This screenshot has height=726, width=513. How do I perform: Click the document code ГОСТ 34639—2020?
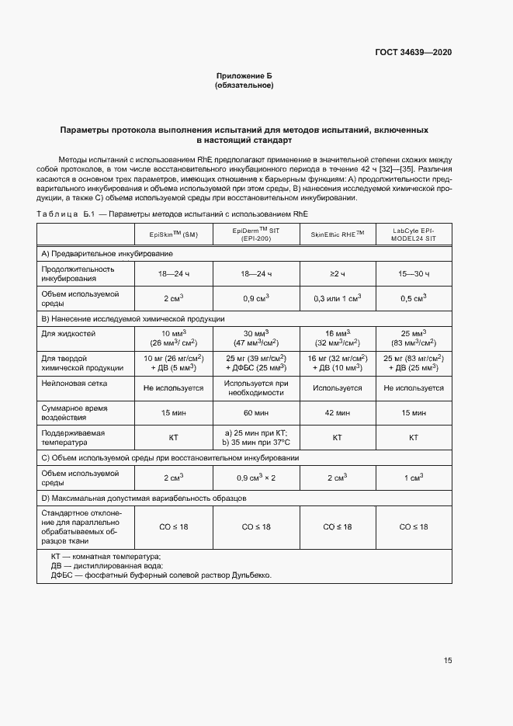pyautogui.click(x=414, y=52)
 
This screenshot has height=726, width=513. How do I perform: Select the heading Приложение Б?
pyautogui.click(x=244, y=75)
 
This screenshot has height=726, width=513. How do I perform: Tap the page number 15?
pyautogui.click(x=448, y=661)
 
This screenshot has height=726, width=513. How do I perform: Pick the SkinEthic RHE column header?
pyautogui.click(x=337, y=234)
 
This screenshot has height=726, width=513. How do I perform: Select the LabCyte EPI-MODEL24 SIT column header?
pyautogui.click(x=413, y=234)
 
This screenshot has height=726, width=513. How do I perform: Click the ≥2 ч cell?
pyautogui.click(x=337, y=274)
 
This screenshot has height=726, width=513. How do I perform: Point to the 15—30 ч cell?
pyautogui.click(x=413, y=274)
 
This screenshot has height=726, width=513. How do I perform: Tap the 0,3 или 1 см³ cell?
pyautogui.click(x=337, y=298)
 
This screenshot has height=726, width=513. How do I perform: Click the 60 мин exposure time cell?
pyautogui.click(x=255, y=412)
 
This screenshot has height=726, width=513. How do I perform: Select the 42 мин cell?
pyautogui.click(x=337, y=412)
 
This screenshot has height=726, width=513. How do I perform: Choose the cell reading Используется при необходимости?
pyautogui.click(x=255, y=387)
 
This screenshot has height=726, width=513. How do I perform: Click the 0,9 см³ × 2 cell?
pyautogui.click(x=255, y=478)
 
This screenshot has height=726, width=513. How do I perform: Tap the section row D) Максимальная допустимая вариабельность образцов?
pyautogui.click(x=144, y=497)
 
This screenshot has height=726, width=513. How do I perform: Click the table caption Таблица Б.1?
pyautogui.click(x=65, y=214)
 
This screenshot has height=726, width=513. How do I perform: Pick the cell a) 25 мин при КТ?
pyautogui.click(x=255, y=432)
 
